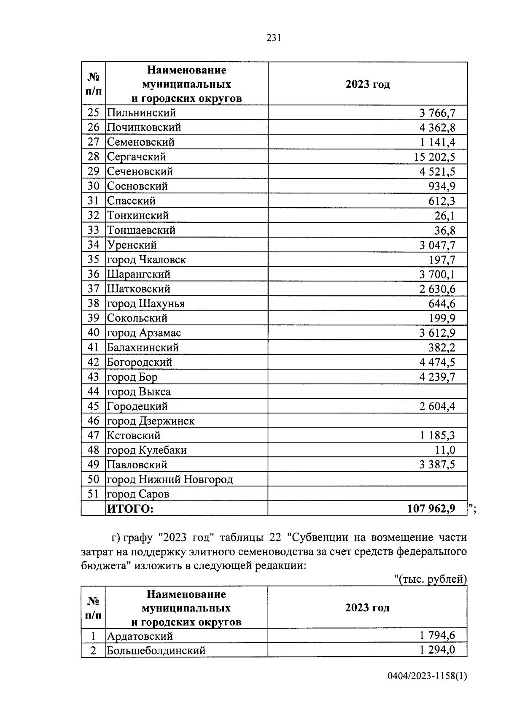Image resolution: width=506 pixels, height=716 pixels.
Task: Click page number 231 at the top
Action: point(274,38)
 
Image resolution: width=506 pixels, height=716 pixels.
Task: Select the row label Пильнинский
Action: point(141,113)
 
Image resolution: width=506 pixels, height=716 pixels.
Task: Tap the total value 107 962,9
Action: point(431,509)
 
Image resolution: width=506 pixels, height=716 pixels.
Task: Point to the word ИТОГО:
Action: point(130,509)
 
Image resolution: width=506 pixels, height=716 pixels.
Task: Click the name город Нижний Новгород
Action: point(170,479)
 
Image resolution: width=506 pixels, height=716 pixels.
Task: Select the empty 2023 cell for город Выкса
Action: point(367,392)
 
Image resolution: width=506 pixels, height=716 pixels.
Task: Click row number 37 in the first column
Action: point(93,289)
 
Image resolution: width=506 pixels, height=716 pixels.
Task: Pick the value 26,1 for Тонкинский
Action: point(445,216)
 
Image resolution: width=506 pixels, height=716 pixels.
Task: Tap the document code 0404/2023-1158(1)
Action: point(427,688)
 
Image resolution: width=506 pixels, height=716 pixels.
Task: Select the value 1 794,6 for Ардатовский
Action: point(437,635)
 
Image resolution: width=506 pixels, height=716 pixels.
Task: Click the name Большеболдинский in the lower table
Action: point(156,650)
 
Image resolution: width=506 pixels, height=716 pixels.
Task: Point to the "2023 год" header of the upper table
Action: point(367,84)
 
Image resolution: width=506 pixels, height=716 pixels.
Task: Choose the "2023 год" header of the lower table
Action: point(367,608)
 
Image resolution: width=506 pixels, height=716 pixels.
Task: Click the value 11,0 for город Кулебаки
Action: point(445,450)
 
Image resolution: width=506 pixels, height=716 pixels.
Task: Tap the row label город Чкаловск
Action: point(146,259)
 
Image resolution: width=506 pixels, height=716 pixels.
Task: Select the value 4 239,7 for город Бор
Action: point(437,377)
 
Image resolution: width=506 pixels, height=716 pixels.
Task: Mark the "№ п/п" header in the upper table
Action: point(93,84)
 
